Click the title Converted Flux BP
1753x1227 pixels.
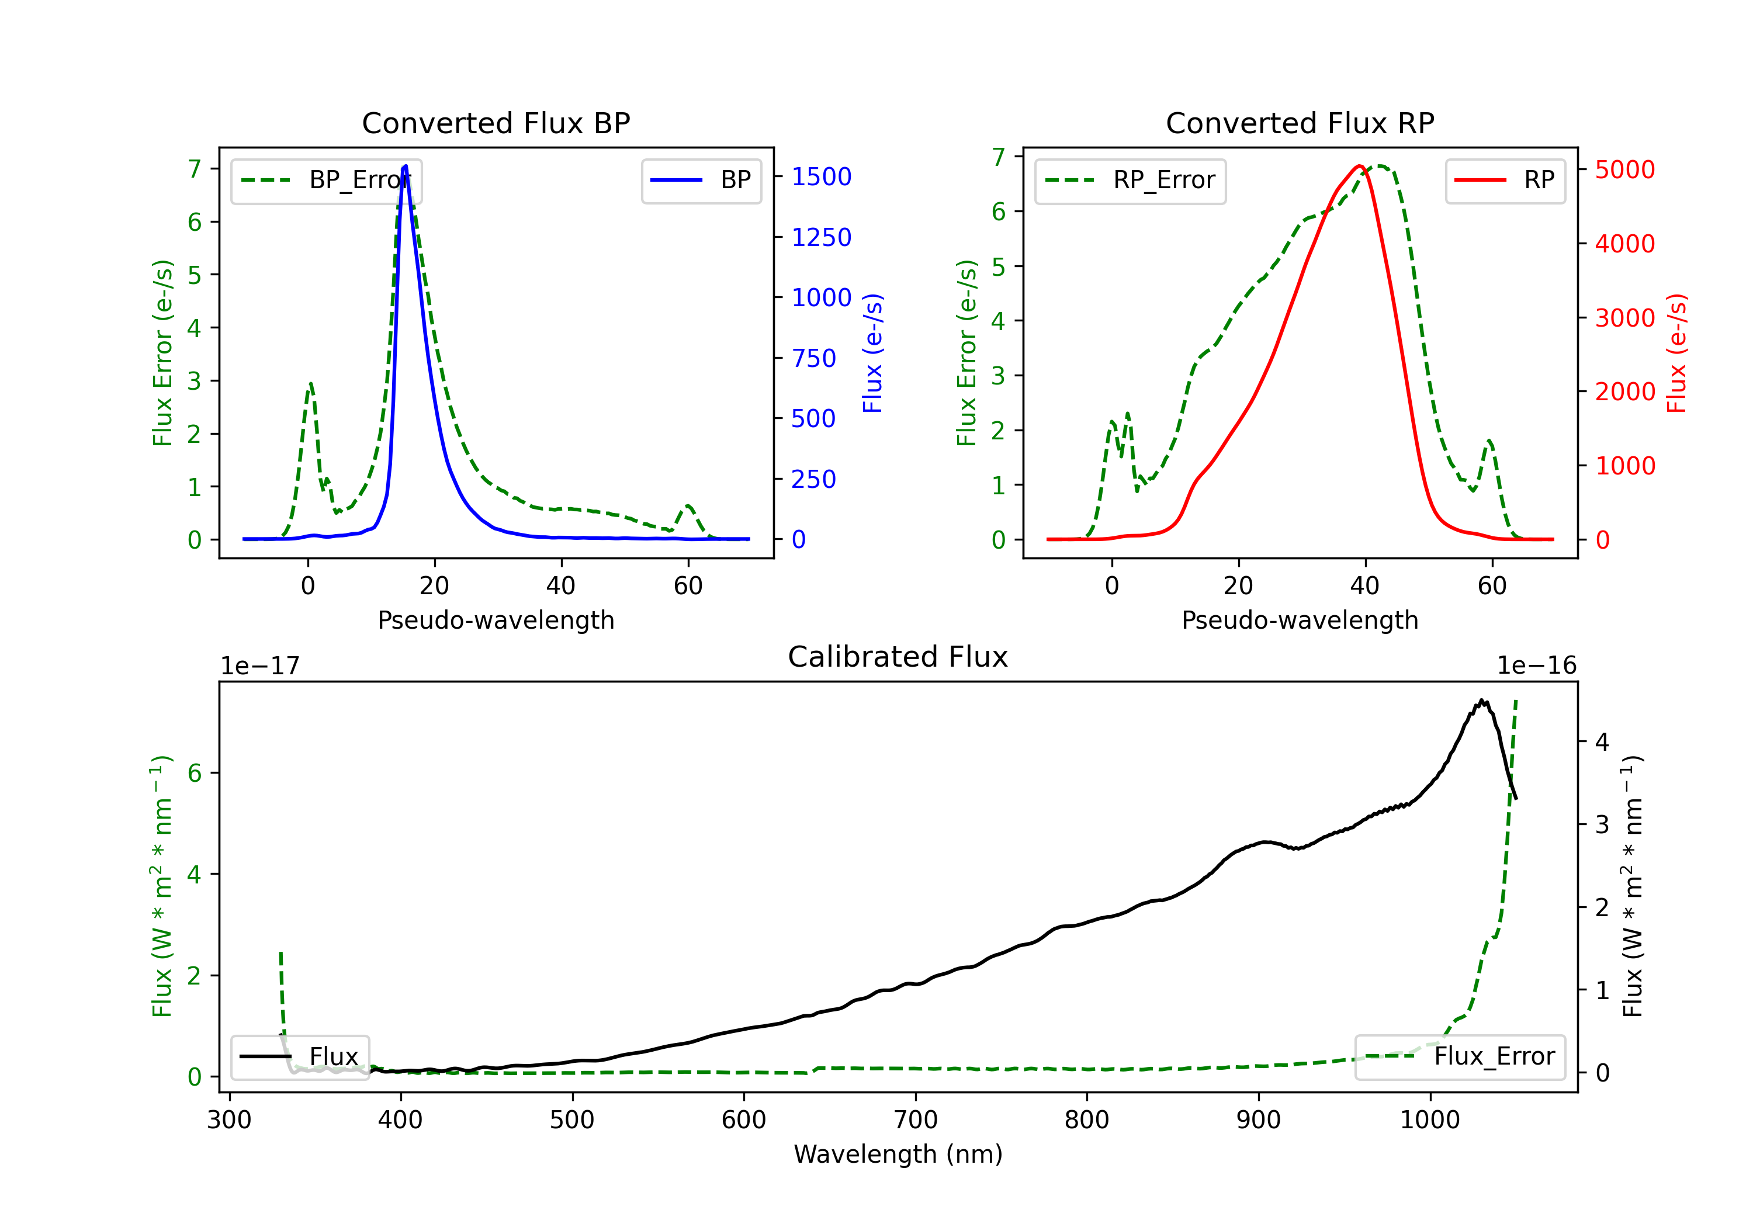[496, 123]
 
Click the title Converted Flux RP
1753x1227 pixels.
[1300, 123]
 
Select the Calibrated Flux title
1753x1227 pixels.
[898, 657]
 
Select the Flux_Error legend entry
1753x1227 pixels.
[1459, 1057]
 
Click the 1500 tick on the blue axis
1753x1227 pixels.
[822, 177]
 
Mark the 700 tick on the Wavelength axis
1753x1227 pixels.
[916, 1120]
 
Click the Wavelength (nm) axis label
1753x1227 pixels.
[898, 1155]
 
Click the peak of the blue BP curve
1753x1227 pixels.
[406, 166]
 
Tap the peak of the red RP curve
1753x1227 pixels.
[1360, 166]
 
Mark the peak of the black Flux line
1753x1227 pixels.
[1481, 700]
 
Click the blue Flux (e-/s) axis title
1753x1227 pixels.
[872, 353]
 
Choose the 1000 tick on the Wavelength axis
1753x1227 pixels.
[1430, 1120]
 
